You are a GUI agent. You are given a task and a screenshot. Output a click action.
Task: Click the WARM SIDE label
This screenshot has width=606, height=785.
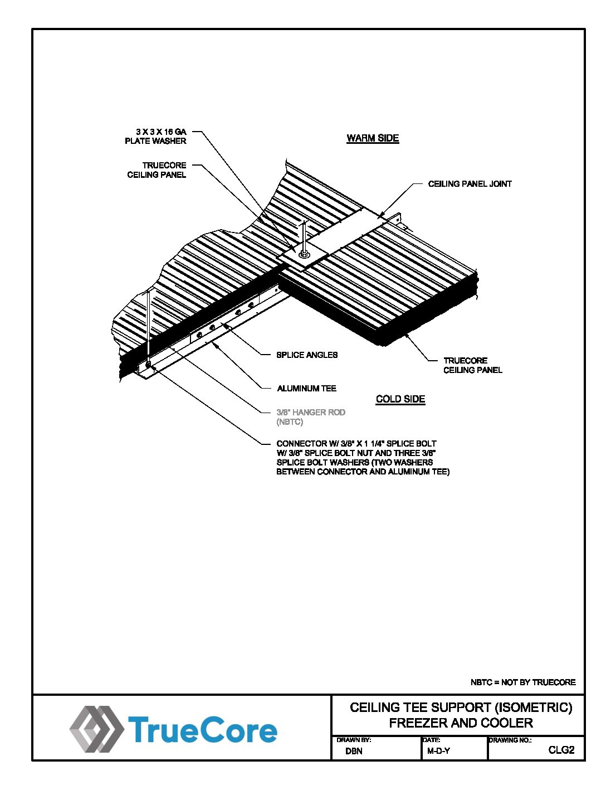[x=373, y=138]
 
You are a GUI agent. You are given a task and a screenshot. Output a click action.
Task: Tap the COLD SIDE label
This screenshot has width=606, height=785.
[x=400, y=399]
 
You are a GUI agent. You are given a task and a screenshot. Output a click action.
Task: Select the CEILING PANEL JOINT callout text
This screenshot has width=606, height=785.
[x=470, y=184]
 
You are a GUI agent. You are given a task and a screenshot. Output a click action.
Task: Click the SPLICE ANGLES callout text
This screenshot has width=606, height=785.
[x=307, y=355]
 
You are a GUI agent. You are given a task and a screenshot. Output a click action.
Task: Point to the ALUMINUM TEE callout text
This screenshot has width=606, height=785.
[x=307, y=389]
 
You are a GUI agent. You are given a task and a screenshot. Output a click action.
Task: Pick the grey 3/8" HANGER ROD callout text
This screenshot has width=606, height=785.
[x=311, y=413]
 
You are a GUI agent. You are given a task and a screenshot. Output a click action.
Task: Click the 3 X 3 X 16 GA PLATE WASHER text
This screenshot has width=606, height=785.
[x=156, y=137]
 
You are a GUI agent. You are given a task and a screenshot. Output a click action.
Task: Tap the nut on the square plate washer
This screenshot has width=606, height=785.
[x=304, y=255]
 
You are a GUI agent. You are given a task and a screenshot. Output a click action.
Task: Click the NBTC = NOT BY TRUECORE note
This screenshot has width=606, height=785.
[x=523, y=682]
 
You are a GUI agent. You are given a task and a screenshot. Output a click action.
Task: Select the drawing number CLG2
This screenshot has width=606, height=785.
[x=561, y=750]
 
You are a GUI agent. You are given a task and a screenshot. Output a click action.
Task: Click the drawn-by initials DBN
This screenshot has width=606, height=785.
[x=354, y=751]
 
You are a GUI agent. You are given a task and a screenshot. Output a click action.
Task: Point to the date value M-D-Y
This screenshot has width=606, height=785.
[x=438, y=751]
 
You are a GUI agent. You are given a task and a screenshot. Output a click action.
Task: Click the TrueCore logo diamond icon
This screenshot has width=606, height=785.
[x=96, y=729]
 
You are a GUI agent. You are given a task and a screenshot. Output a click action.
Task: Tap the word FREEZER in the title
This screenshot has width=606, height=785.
[x=414, y=723]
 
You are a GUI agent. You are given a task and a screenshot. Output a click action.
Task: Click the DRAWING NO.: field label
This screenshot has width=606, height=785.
[x=510, y=740]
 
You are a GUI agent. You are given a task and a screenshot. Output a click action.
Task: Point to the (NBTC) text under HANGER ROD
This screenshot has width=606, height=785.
[x=290, y=422]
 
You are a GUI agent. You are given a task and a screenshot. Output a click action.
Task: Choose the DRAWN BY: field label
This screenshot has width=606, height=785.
[x=354, y=740]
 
